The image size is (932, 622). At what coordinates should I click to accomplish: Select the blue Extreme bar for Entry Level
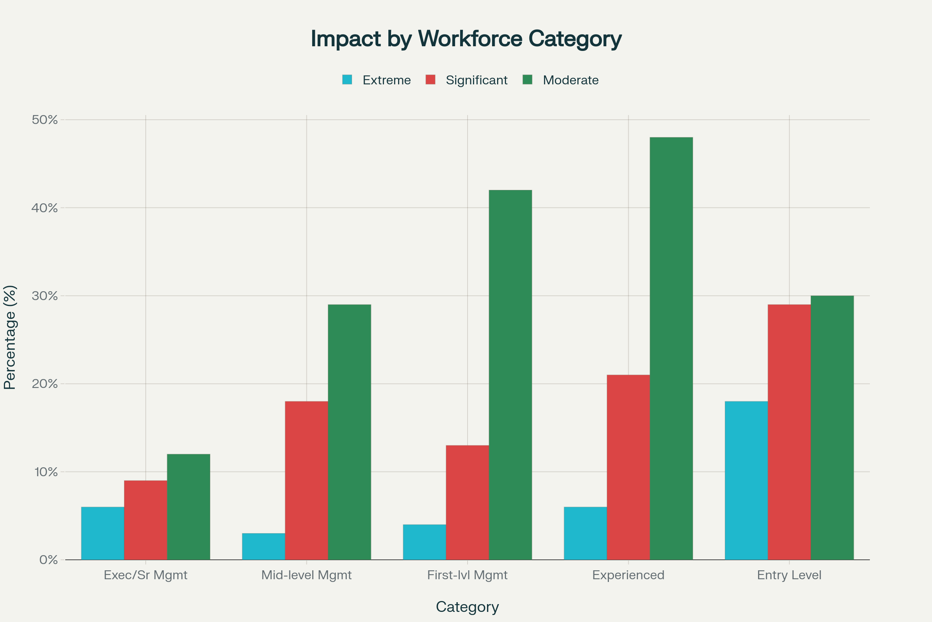click(746, 480)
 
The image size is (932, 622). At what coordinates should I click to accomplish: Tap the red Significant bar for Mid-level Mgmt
click(306, 480)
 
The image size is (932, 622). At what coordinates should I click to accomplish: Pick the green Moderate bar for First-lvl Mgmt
click(510, 375)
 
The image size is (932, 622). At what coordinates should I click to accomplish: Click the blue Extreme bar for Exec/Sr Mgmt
click(103, 533)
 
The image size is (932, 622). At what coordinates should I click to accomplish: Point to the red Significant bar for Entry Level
click(789, 432)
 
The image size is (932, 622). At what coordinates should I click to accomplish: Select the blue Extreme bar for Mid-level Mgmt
click(264, 546)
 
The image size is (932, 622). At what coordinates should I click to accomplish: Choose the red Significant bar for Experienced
click(628, 467)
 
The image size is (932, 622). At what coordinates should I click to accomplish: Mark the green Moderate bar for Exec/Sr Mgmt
click(189, 507)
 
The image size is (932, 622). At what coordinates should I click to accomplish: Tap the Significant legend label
click(476, 80)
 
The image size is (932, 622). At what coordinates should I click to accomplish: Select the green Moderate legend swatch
click(527, 80)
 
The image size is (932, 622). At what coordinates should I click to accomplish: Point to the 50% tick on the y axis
click(45, 120)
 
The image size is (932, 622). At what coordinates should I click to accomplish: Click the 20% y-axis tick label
click(45, 384)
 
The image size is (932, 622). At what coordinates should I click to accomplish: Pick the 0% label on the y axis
click(48, 560)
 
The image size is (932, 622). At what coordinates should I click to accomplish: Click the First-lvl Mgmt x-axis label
click(467, 575)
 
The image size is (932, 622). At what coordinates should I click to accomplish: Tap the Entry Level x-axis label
click(789, 575)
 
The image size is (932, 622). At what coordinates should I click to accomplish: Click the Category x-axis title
click(467, 607)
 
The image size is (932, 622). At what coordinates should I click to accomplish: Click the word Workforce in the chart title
click(470, 39)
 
